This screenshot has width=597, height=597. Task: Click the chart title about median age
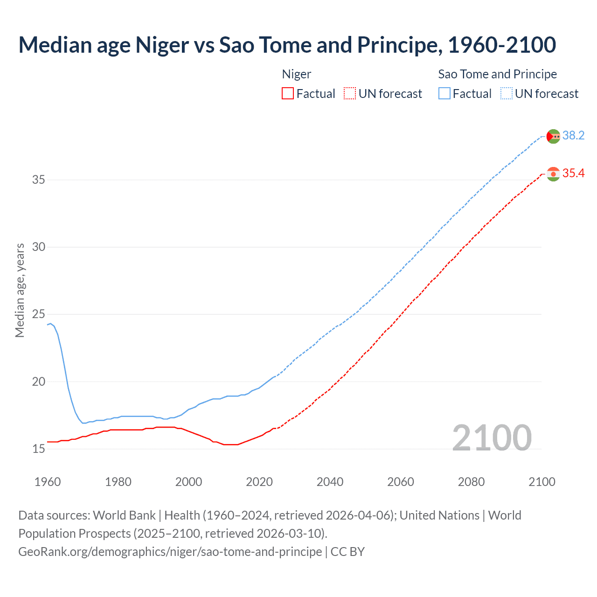click(287, 45)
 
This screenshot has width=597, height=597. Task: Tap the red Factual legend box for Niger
click(288, 94)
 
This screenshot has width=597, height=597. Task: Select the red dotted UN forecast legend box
click(349, 94)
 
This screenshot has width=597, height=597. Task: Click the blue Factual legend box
click(444, 94)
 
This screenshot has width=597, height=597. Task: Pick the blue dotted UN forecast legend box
click(506, 94)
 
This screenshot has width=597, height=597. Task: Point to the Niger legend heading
click(297, 74)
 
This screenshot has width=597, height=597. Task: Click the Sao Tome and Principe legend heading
click(497, 74)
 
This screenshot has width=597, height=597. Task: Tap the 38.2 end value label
click(573, 135)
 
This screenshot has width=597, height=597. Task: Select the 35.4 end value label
click(573, 174)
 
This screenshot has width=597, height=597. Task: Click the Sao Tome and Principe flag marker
click(553, 136)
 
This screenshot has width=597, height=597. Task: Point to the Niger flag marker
click(553, 174)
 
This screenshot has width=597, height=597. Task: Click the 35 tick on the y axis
click(39, 180)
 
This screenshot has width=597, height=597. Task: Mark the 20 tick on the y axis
click(39, 382)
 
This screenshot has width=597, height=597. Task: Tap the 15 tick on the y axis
click(39, 449)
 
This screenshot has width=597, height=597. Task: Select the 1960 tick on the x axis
click(48, 482)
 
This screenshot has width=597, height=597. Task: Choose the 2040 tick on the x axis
click(330, 482)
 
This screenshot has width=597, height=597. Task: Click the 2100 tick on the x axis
click(541, 482)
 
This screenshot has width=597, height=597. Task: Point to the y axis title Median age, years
click(20, 290)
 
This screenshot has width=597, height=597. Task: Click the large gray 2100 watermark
click(492, 437)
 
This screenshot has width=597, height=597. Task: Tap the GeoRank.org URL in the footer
click(170, 552)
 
